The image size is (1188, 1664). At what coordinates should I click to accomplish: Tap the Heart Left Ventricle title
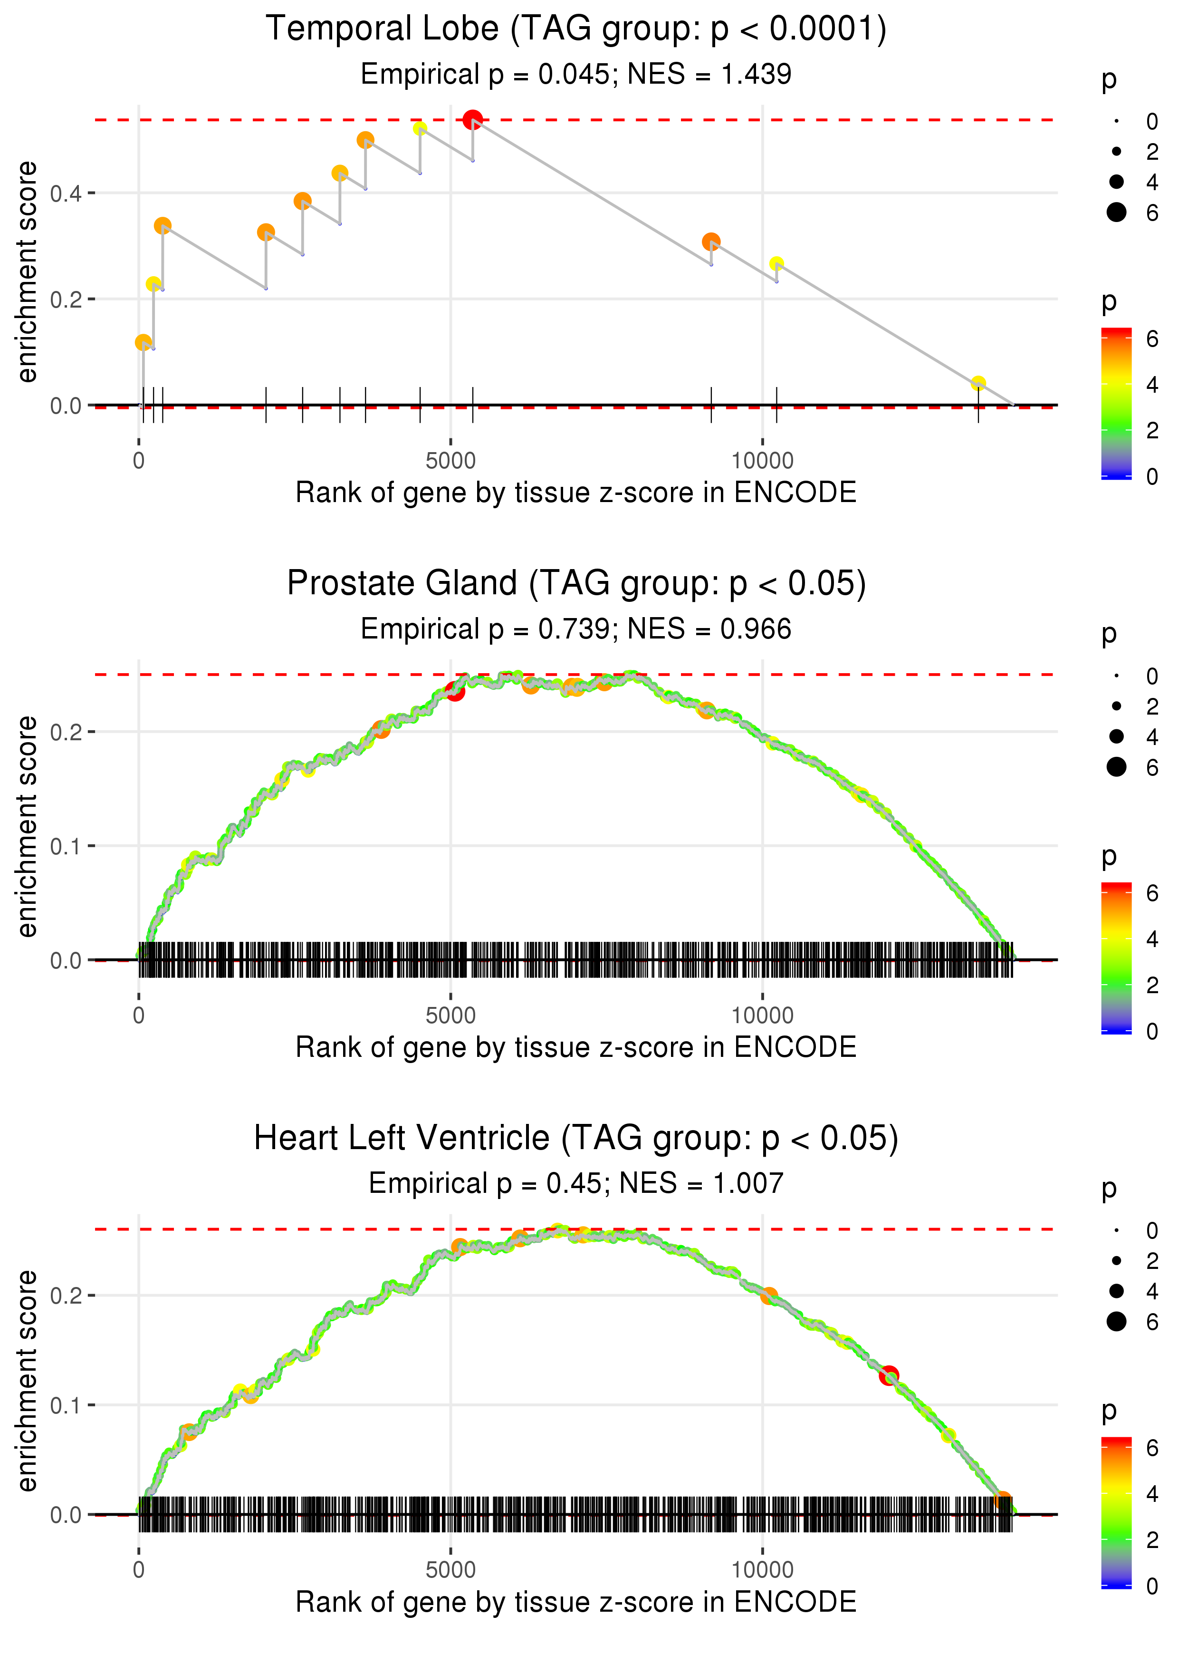click(576, 1139)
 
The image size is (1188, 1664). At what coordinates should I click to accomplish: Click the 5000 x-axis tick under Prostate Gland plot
click(450, 1015)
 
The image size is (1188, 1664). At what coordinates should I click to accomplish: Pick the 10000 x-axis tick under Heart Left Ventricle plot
click(762, 1569)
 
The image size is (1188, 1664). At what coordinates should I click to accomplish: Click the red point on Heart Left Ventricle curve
click(889, 1375)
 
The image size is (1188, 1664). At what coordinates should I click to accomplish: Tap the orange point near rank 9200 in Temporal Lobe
click(711, 242)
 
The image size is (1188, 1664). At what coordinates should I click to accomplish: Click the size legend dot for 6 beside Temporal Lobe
click(1116, 212)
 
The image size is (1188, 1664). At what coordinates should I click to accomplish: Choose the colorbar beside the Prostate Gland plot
click(1116, 957)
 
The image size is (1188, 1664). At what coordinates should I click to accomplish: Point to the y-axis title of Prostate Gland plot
click(27, 826)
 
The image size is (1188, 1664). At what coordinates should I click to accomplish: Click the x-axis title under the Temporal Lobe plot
click(576, 493)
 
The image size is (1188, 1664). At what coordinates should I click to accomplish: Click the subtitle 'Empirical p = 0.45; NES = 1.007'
click(576, 1183)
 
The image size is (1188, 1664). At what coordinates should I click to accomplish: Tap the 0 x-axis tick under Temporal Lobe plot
click(139, 461)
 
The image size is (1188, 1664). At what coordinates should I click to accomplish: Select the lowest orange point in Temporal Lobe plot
click(144, 342)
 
